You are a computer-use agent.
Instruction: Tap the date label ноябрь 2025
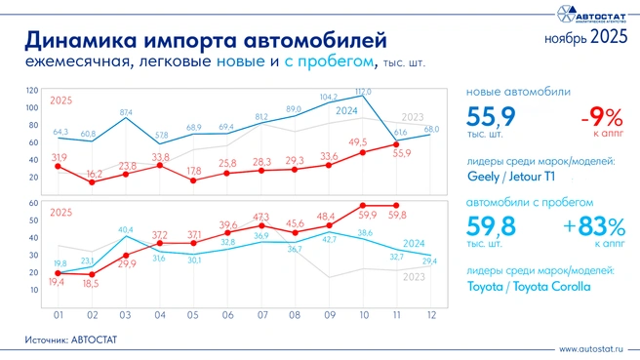(584, 38)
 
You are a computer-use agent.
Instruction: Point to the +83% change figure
(590, 226)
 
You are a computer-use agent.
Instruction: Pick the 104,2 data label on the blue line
(329, 97)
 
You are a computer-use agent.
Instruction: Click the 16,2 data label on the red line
(94, 172)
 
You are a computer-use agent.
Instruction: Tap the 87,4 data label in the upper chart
(127, 113)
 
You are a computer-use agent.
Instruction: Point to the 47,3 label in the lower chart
(260, 216)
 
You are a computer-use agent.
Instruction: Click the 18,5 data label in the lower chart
(94, 282)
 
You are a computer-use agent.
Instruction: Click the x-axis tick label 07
(260, 314)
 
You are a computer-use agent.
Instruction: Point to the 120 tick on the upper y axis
(33, 90)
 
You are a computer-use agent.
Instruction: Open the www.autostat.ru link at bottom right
(591, 348)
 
